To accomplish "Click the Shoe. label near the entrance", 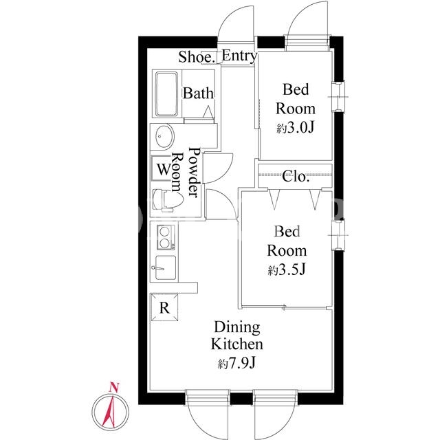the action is pos(197,57).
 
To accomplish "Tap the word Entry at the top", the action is pos(239,56).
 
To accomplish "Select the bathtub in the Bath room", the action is pos(167,94).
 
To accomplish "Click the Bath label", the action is pos(198,93).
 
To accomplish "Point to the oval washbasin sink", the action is pos(164,136).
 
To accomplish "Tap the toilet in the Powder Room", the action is pos(168,200).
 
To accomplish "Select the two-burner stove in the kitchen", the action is pos(166,237).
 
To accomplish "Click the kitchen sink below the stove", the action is pos(166,267).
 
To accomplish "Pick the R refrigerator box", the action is pos(164,307).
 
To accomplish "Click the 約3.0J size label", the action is pos(295,129).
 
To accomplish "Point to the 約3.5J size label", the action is pos(286,270).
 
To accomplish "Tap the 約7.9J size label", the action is pos(236,364).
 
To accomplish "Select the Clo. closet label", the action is pos(296,176).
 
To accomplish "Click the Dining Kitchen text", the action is pos(237,336).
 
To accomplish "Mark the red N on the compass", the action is pos(114,388).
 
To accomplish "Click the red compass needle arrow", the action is pos(109,410).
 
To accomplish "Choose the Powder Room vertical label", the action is pos(186,172).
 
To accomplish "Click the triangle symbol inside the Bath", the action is pos(208,112).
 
